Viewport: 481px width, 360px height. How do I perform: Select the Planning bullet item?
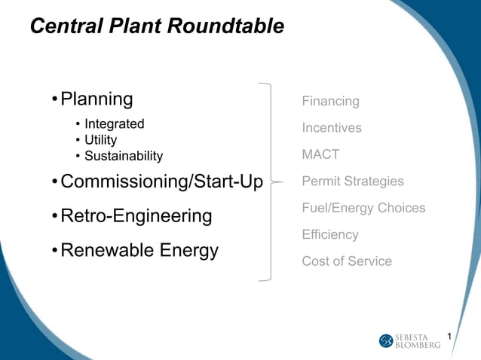pos(97,99)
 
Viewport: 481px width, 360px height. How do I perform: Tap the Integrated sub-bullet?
pos(114,124)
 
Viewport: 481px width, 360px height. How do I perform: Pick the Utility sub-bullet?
pos(100,140)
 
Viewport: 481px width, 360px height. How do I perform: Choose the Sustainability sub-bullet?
pos(123,156)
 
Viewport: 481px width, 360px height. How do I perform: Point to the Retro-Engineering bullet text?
pos(136,217)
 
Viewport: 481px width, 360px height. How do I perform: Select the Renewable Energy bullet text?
pos(139,250)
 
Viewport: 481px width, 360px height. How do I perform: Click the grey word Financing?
pos(330,101)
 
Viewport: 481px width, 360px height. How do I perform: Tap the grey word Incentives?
pos(332,128)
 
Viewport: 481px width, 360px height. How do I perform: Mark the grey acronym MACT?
pos(320,154)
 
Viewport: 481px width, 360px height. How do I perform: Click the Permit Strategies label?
pos(352,182)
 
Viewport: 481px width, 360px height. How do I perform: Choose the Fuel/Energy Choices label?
pos(363,208)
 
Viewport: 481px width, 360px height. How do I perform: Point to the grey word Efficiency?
pos(330,234)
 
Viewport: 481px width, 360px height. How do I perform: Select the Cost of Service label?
pos(347,261)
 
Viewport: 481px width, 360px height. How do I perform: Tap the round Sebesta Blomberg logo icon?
pos(386,341)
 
